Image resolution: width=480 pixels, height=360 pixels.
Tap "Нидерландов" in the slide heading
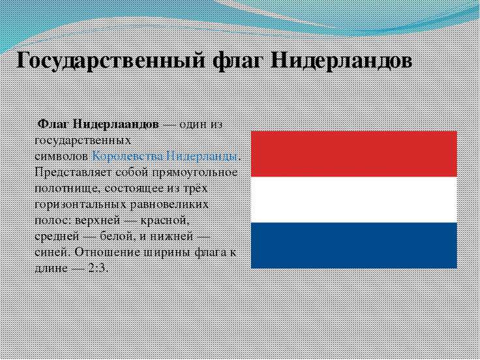coord(340,61)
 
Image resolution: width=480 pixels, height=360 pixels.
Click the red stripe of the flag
coord(354,154)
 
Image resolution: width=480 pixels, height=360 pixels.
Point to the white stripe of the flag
coord(354,200)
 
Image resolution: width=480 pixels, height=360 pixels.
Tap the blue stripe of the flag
coord(354,245)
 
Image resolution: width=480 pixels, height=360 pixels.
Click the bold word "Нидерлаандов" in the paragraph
coord(116,125)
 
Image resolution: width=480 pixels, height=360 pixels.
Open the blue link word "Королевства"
coord(127,157)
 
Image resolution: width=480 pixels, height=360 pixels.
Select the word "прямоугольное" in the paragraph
coord(195,173)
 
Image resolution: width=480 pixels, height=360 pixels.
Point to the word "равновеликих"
coord(170,205)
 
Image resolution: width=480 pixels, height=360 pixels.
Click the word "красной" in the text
coord(163,220)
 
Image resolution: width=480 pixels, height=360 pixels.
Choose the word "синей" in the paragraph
coord(53,252)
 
